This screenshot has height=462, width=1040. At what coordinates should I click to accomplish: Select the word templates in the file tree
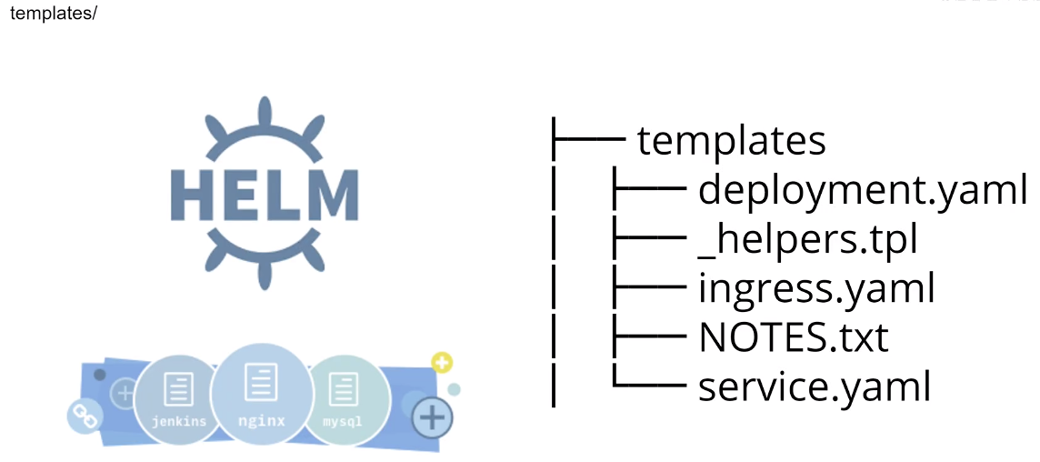731,140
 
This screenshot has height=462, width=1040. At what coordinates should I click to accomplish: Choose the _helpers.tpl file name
807,240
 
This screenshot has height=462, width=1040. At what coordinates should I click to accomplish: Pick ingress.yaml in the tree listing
815,289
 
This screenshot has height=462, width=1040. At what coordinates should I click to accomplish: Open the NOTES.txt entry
793,338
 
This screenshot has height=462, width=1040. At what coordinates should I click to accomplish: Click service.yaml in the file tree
815,387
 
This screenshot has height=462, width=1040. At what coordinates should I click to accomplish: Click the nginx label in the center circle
262,420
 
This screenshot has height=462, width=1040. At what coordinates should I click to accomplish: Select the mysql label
343,421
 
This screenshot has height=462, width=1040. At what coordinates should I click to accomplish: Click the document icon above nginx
261,381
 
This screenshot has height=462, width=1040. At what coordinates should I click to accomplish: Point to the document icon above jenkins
178,389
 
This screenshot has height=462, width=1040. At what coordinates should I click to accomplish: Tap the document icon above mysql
343,389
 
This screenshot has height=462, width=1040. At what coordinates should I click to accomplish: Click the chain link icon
83,416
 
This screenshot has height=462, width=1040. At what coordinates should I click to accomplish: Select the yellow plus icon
442,364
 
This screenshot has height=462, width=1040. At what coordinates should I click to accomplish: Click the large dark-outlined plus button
433,417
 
